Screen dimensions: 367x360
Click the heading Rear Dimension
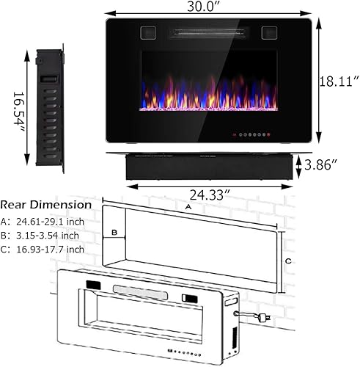tap(46, 205)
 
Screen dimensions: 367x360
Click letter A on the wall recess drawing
tap(189, 207)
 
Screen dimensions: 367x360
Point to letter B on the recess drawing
tap(114, 233)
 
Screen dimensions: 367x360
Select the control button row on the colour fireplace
tap(249, 136)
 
